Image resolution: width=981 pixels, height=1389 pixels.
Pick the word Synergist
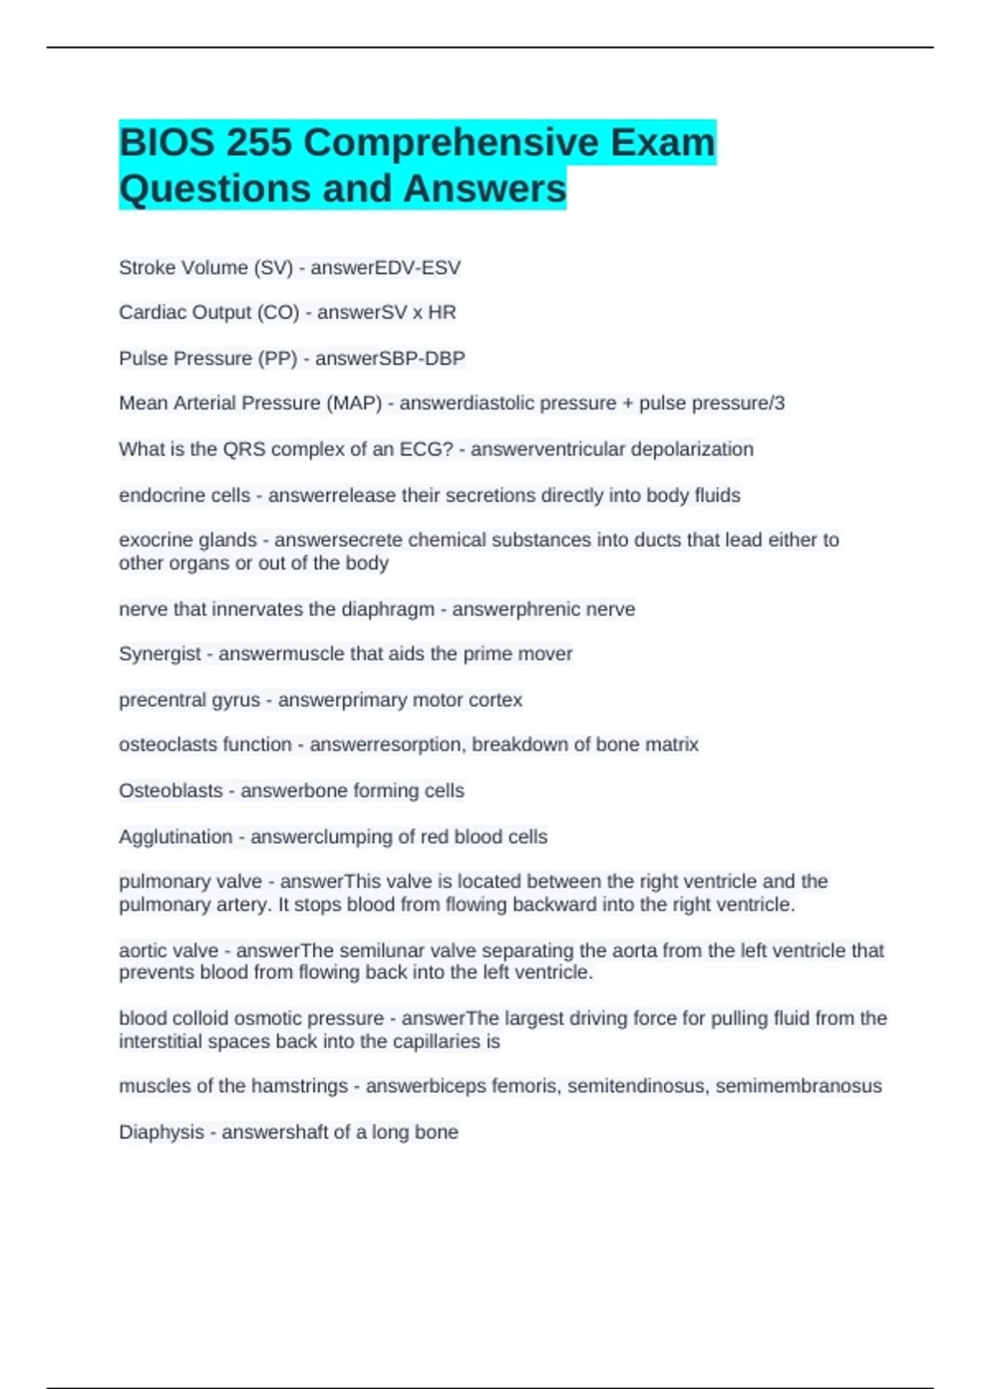tap(159, 654)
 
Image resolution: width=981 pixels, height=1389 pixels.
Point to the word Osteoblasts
tap(171, 790)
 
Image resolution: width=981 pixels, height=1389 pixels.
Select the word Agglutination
tap(176, 837)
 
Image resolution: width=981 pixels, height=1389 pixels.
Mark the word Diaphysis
tap(161, 1132)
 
